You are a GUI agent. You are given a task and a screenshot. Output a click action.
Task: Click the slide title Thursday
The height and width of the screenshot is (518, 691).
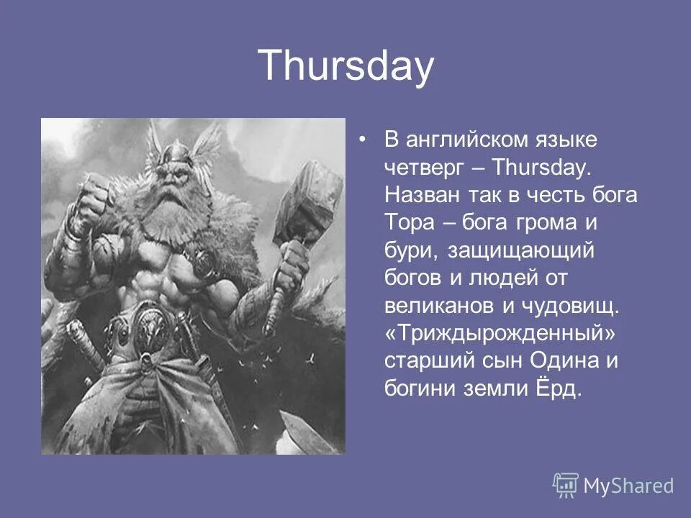346,66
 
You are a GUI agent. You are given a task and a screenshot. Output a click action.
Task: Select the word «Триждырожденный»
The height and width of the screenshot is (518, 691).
500,333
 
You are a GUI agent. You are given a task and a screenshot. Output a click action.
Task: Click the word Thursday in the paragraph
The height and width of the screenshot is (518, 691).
541,167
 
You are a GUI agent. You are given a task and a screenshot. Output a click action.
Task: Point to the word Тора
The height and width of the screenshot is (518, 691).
409,222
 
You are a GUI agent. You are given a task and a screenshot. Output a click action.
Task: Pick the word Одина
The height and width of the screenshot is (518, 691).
564,360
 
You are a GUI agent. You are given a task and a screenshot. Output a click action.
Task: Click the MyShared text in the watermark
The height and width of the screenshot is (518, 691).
628,486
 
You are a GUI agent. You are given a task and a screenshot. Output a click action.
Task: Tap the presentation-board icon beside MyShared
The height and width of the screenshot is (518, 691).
566,485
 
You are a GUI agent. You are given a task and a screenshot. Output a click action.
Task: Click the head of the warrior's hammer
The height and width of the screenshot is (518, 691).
309,203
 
